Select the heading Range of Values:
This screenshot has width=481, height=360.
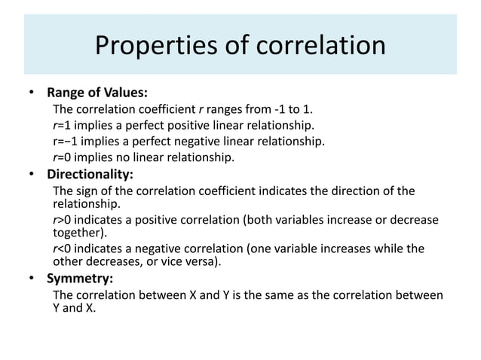point(97,94)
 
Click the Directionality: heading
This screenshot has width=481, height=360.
point(90,174)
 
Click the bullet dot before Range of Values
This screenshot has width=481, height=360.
point(32,94)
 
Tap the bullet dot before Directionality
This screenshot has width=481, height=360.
point(32,174)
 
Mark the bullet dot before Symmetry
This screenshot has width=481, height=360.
point(32,279)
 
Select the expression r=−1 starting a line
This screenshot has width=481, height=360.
point(64,141)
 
